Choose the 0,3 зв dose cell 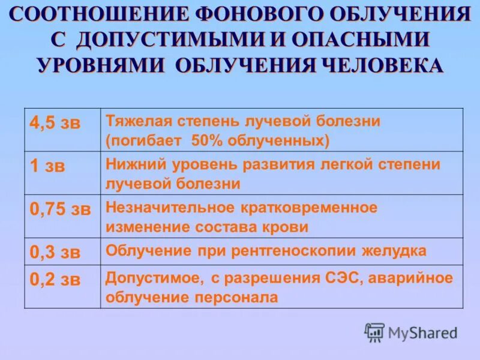[55, 251]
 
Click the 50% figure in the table [208, 140]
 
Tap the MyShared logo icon [374, 331]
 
